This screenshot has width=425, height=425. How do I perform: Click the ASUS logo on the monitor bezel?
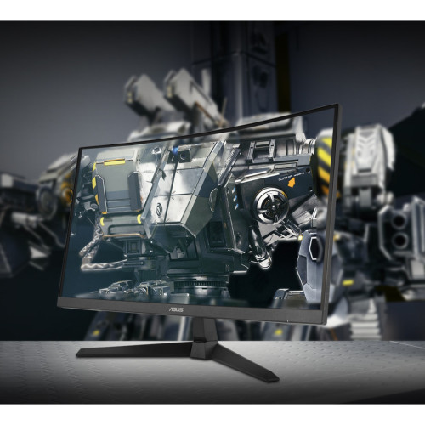pos(177,309)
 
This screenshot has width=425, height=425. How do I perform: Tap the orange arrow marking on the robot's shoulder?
pos(292,184)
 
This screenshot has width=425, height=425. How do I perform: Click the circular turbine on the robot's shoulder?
pos(271,205)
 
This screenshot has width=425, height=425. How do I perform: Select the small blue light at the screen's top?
pos(176,150)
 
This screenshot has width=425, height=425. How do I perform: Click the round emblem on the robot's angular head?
pos(161,209)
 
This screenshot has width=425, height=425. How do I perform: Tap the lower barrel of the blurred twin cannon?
pos(400,240)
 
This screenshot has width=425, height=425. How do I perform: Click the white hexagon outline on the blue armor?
pos(314,249)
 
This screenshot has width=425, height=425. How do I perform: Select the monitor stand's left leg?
pos(134,350)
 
